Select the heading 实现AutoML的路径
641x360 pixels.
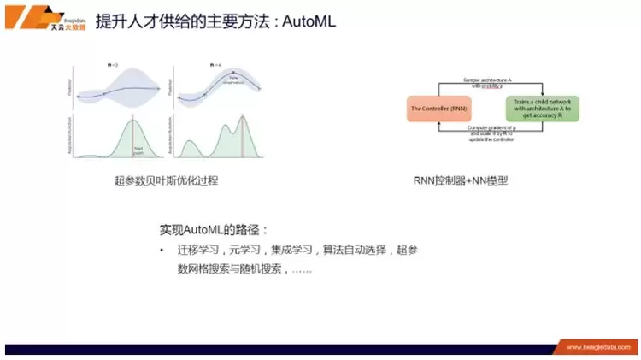click(x=215, y=231)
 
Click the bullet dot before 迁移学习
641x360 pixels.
click(x=162, y=251)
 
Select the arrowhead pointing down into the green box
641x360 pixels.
click(x=543, y=91)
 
